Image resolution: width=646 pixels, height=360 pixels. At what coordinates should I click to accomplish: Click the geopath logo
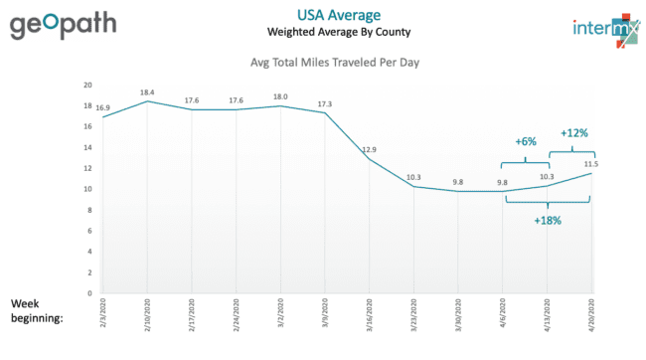point(63,25)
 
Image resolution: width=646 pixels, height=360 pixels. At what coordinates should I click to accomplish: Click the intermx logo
point(606,30)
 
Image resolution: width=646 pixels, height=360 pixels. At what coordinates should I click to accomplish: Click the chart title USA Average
point(339,15)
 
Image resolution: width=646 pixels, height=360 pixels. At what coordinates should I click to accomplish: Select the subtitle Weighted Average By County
point(339,32)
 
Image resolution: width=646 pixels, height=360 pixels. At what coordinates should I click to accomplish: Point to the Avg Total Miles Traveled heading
point(335,63)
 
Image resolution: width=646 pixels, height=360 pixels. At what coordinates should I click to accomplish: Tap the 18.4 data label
point(147,92)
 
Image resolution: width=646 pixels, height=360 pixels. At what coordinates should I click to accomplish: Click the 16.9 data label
point(103,107)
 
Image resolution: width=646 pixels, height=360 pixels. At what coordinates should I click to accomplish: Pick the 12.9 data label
point(369,150)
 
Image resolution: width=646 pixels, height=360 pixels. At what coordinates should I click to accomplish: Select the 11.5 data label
point(591,164)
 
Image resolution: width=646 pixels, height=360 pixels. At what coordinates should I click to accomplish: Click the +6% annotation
point(526,142)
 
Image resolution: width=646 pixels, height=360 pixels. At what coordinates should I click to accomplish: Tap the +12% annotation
point(573,133)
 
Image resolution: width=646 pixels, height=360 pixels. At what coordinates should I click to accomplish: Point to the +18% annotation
point(548,221)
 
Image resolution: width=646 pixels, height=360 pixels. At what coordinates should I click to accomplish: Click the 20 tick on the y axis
point(87,85)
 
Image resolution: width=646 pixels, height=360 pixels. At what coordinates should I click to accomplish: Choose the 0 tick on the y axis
point(89,293)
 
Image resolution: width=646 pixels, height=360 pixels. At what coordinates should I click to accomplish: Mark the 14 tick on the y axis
point(87,147)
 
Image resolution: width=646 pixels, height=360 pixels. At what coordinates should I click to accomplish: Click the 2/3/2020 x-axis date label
point(103,313)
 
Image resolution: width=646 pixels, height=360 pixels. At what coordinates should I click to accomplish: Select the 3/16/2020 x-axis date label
point(369,315)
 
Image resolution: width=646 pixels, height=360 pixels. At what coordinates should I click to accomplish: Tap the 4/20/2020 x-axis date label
point(591,315)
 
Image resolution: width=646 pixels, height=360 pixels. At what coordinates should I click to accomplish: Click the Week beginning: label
point(37,311)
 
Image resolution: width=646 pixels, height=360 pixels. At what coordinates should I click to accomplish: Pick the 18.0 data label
point(280,96)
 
